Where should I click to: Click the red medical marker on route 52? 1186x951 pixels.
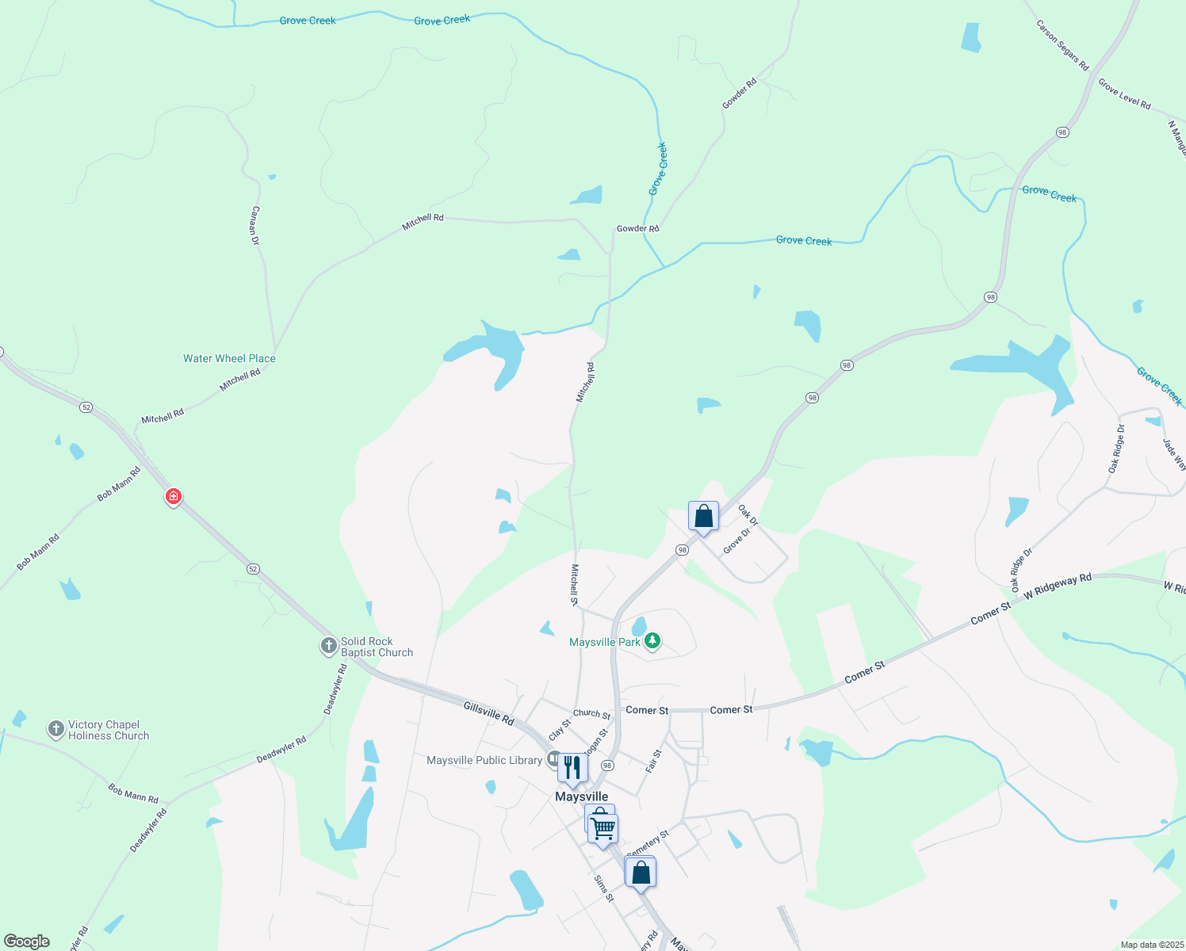click(x=173, y=497)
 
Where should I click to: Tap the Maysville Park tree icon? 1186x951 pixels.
click(x=652, y=641)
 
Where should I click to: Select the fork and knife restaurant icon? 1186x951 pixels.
click(x=572, y=767)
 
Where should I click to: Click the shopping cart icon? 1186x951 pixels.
click(x=603, y=829)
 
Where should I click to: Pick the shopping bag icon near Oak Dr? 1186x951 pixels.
click(x=703, y=517)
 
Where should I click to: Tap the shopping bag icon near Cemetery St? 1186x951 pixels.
click(x=641, y=873)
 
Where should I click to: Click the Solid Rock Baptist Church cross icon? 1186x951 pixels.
click(x=329, y=646)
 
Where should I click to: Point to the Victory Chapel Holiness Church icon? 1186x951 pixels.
click(x=55, y=729)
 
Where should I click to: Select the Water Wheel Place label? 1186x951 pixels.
click(x=229, y=358)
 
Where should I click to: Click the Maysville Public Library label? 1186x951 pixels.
click(x=484, y=760)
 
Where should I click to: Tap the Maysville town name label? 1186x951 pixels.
click(x=581, y=796)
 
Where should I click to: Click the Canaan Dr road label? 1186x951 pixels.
click(x=255, y=225)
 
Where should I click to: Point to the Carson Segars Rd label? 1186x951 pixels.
click(x=1062, y=45)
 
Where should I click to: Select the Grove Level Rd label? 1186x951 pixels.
click(x=1124, y=94)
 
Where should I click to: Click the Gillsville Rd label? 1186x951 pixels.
click(x=488, y=713)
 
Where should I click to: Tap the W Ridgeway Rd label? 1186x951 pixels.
click(x=1058, y=586)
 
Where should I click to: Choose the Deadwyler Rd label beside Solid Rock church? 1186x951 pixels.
click(x=336, y=689)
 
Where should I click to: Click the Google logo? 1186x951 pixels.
click(x=27, y=941)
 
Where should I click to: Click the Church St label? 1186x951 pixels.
click(x=591, y=713)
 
